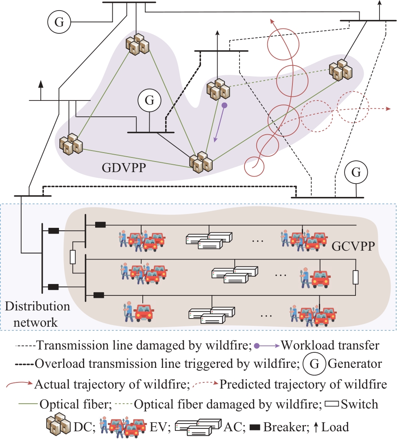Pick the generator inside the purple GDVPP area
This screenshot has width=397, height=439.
[x=149, y=100]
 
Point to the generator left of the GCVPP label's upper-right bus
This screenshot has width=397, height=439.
[x=356, y=173]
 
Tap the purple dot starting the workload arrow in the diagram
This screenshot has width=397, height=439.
[x=224, y=105]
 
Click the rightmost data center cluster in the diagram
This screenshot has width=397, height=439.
[x=340, y=70]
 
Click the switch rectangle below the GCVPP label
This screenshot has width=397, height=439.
[x=355, y=277]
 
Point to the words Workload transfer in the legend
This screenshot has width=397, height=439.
[x=330, y=346]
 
